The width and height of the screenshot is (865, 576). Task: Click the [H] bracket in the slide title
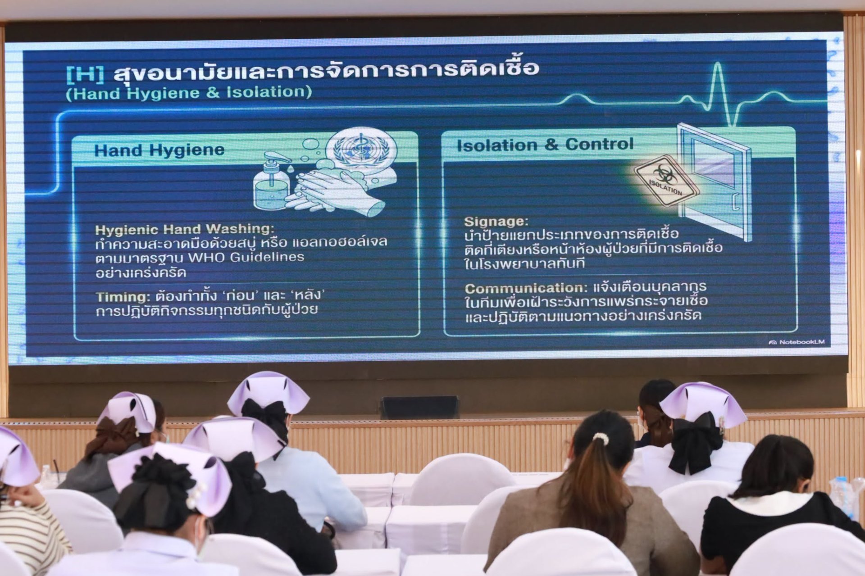(x=85, y=74)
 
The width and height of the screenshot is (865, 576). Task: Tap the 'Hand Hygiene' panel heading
(x=159, y=150)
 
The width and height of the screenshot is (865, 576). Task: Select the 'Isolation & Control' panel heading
(x=545, y=145)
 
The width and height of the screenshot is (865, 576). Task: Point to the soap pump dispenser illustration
(x=272, y=181)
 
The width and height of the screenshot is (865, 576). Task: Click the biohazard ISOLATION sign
(x=666, y=180)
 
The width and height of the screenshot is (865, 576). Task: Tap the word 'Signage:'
(x=496, y=222)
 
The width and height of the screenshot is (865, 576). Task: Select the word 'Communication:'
(x=526, y=288)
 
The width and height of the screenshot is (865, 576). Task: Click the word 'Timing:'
(x=123, y=297)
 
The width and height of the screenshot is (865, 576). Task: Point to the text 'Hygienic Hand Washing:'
(x=185, y=229)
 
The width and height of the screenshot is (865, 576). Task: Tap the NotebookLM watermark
(x=797, y=342)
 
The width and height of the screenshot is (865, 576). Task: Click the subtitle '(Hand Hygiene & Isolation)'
(x=189, y=93)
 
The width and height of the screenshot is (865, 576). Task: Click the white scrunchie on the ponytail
(x=601, y=438)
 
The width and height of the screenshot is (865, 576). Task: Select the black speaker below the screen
(x=419, y=407)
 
